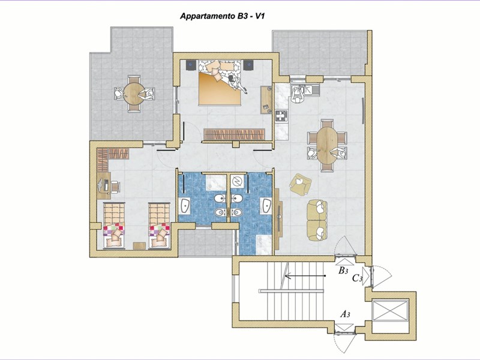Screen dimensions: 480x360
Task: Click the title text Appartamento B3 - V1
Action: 222,16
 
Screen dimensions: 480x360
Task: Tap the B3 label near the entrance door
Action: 343,271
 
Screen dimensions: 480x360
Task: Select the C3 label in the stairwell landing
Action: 357,278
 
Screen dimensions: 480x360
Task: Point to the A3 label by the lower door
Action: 346,314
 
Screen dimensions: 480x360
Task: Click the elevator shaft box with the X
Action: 390,311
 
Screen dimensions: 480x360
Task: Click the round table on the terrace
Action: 134,94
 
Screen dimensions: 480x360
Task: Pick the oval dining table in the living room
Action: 326,145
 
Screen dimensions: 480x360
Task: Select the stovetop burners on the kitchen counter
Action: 281,116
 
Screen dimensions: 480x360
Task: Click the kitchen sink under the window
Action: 312,89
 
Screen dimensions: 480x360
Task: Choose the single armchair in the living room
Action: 301,184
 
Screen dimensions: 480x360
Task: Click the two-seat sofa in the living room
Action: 317,220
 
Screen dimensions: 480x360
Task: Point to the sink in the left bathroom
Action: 185,205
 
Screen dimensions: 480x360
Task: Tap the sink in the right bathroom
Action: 266,205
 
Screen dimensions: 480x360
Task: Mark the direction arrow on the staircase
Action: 305,276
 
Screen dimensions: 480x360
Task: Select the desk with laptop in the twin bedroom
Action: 104,185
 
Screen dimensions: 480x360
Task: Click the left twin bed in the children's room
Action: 114,226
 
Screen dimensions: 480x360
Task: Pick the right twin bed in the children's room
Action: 159,226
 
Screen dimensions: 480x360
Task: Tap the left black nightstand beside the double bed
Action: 191,65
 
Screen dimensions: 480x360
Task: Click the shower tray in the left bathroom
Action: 216,183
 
